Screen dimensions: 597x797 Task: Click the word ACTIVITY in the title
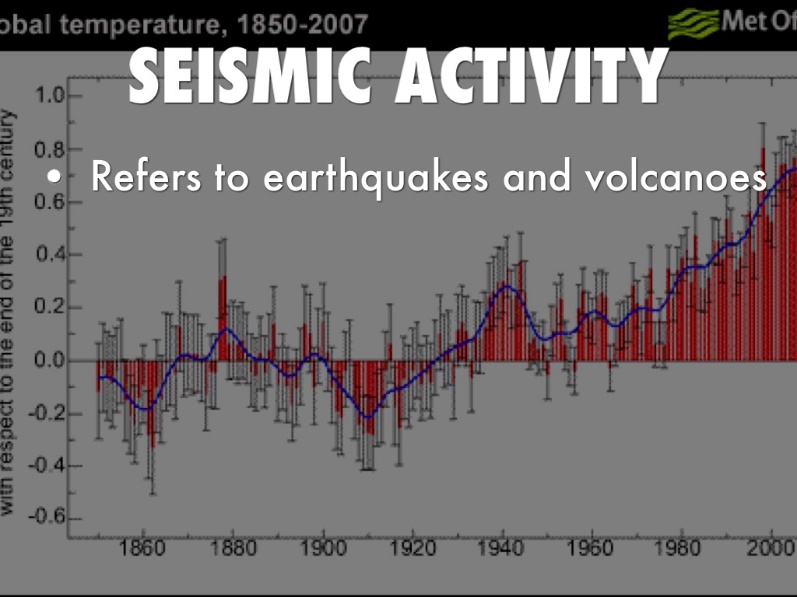(x=529, y=75)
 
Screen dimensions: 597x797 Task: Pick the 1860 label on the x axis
(x=143, y=549)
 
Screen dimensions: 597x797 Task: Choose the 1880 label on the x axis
(x=233, y=549)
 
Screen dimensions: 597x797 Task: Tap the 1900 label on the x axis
(x=322, y=549)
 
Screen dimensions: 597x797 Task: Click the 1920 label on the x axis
(x=412, y=549)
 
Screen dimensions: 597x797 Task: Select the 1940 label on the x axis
(x=502, y=549)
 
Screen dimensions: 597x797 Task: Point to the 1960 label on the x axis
(x=592, y=549)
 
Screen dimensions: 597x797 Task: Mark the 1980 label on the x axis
(x=681, y=549)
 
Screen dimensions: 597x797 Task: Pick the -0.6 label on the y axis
(x=44, y=518)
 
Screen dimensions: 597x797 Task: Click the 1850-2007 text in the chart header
(x=304, y=25)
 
